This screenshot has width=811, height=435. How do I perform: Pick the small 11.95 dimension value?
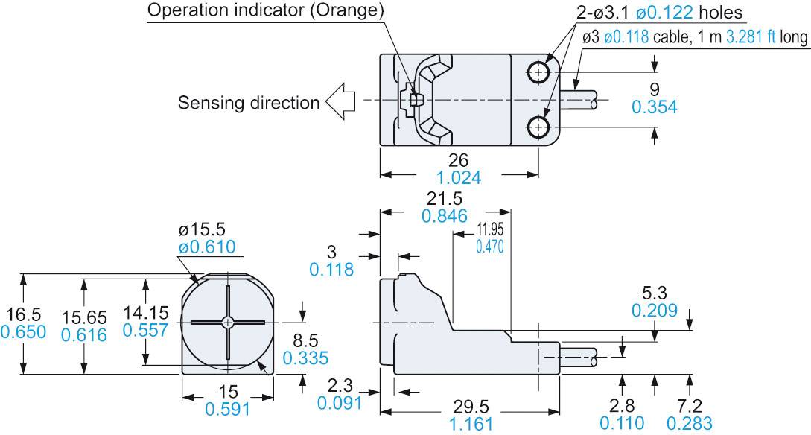point(489,229)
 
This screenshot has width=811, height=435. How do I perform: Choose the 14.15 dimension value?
point(145,313)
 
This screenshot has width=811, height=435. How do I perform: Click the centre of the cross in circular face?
point(227,323)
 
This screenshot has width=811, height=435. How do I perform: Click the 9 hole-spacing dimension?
point(654,89)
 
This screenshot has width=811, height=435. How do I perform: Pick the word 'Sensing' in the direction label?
point(208,103)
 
